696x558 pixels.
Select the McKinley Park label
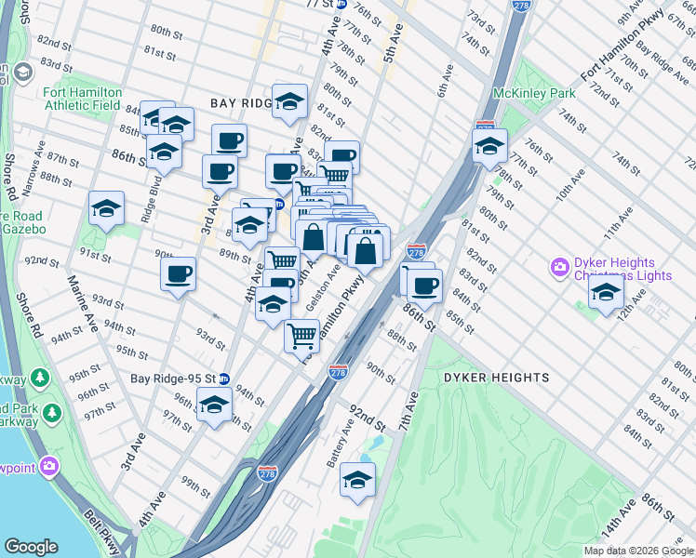coord(535,94)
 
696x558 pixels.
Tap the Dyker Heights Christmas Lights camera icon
coord(560,268)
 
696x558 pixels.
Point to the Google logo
coord(31,547)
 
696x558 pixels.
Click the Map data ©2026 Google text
coord(638,551)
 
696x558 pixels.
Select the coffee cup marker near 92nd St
coord(178,274)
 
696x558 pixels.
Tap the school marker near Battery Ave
coord(357,480)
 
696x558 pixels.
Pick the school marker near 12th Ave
coord(606,293)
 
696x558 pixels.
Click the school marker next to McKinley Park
coord(489,146)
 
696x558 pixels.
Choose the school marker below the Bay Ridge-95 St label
coord(215,406)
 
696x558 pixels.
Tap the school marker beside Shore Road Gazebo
coord(106,210)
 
